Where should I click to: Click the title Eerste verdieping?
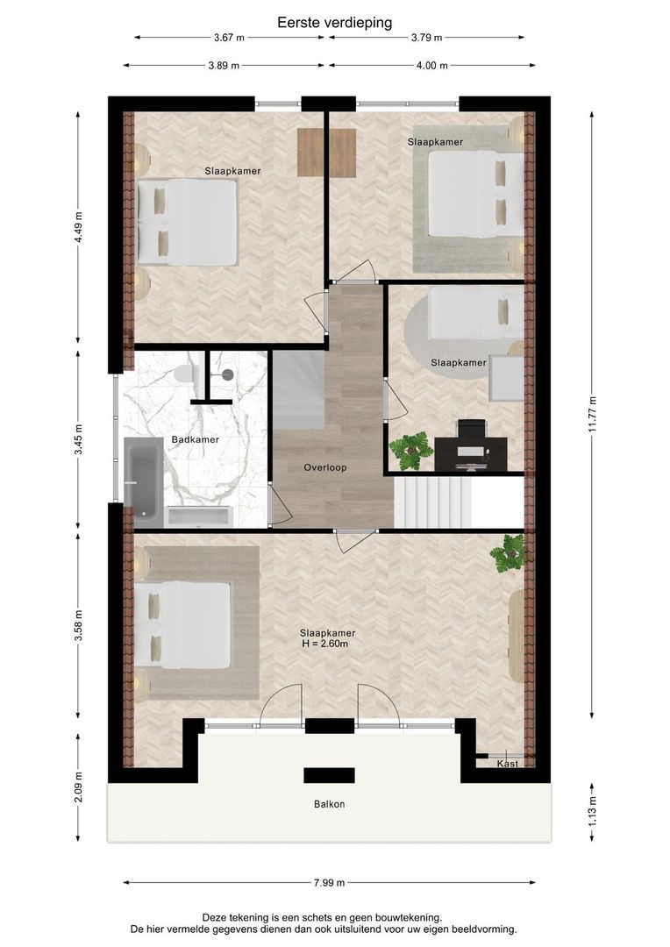point(335,23)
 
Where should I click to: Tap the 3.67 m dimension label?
point(229,38)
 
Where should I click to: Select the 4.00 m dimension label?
point(432,65)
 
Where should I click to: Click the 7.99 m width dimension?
point(329,882)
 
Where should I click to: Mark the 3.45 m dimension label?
point(78,440)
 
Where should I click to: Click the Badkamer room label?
point(196,439)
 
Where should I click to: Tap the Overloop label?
point(325,467)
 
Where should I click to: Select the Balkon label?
point(329,804)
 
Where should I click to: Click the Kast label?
point(508,764)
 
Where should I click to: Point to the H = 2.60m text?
point(325,644)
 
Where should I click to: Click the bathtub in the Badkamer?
point(143,479)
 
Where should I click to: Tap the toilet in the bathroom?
point(185,374)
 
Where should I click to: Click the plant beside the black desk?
point(411,450)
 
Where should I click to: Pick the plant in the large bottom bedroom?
point(508,552)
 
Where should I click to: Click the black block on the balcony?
point(329,775)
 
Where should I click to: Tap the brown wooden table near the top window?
point(326,153)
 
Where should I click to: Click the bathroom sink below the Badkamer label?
point(199,516)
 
